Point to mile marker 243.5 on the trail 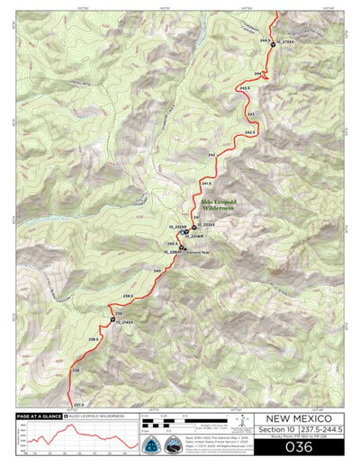[x=245, y=87]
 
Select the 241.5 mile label [x=206, y=183]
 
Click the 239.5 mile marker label [x=129, y=296]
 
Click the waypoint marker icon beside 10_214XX [x=112, y=320]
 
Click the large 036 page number [x=297, y=447]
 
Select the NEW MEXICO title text [x=297, y=419]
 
